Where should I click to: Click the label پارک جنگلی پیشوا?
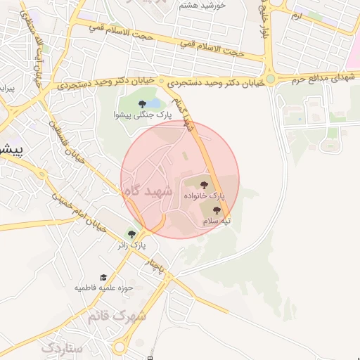tap(140, 114)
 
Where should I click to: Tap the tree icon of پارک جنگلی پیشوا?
tap(143, 104)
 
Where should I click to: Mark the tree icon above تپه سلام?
tap(216, 210)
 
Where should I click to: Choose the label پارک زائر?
tap(132, 246)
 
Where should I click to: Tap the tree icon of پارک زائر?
tap(131, 235)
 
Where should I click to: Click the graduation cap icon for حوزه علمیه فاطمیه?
tap(103, 278)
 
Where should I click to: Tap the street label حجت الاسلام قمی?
tap(211, 49)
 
